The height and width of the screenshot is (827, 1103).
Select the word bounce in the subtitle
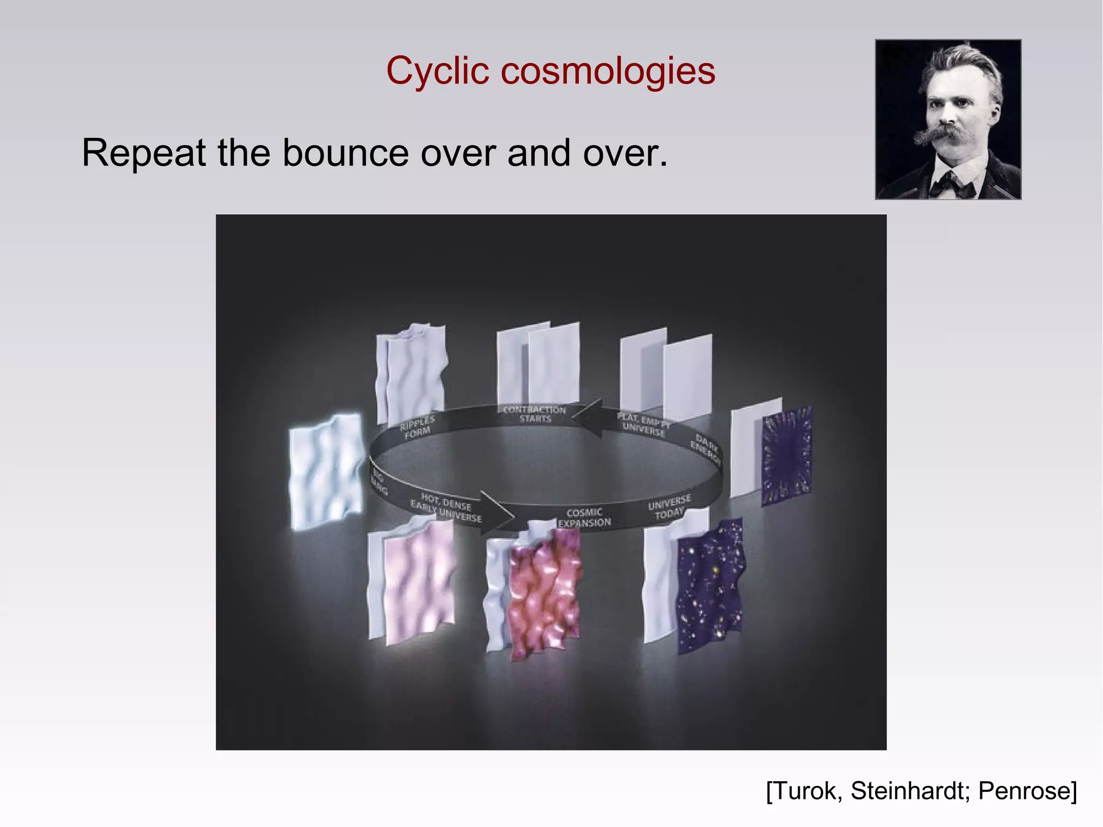[x=345, y=153]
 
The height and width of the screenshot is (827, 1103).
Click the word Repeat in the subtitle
[x=143, y=153]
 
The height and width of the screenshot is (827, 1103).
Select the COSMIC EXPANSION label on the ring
[x=584, y=518]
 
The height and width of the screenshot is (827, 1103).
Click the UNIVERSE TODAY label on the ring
[x=669, y=506]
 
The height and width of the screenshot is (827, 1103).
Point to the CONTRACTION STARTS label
[x=534, y=414]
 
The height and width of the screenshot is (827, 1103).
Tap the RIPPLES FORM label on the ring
[x=417, y=427]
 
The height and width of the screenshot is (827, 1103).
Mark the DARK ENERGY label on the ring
[x=706, y=449]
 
